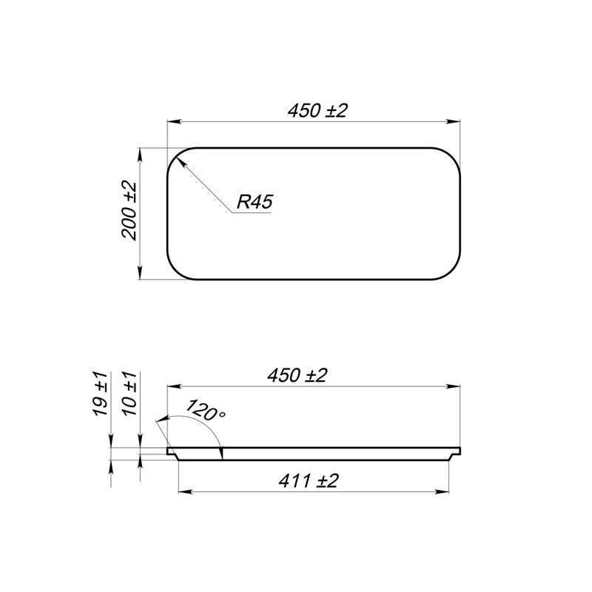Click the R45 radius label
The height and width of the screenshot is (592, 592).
255,201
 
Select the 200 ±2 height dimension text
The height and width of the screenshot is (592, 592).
129,210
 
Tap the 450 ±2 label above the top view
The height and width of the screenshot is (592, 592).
317,110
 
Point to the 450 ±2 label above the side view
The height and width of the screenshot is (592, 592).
297,375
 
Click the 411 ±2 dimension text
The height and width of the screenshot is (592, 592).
308,481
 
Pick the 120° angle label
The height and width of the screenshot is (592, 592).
206,410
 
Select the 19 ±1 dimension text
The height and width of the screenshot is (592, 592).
101,394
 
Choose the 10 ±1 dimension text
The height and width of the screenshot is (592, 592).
129,394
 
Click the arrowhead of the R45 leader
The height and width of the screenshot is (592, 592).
181,162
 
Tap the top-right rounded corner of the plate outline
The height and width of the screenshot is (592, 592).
451,156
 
